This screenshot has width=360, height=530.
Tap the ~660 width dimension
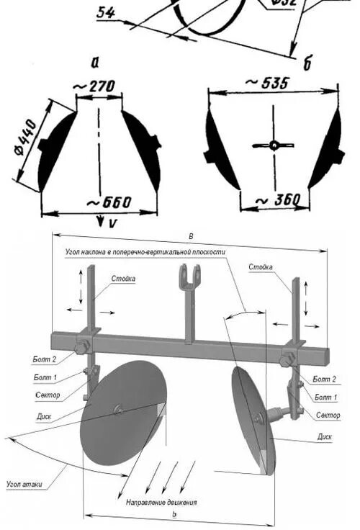tap(109, 202)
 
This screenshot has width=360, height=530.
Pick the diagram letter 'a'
tap(95, 62)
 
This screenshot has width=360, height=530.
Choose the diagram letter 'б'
tap(307, 65)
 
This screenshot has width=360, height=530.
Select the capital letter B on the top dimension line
tap(190, 236)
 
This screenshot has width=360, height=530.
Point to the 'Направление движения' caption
tap(161, 501)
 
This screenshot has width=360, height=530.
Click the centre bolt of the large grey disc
tap(117, 411)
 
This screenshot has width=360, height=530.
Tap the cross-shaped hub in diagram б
tap(274, 145)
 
